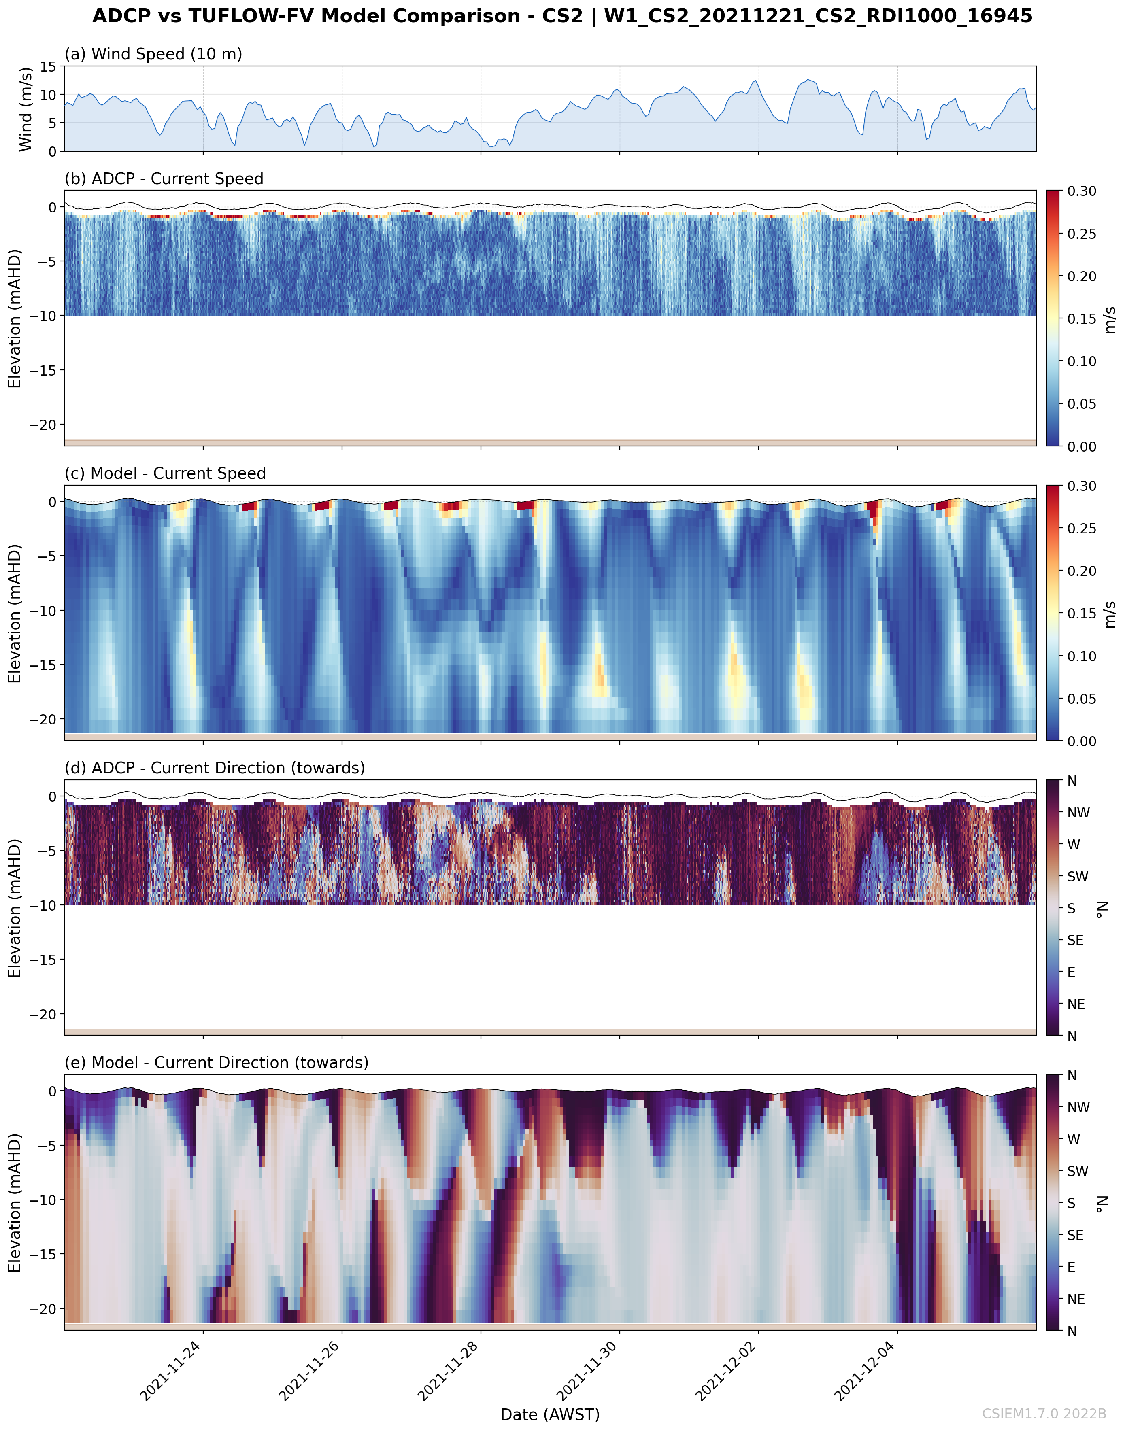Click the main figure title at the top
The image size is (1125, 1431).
[x=562, y=16]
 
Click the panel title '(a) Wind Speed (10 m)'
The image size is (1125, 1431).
[x=153, y=54]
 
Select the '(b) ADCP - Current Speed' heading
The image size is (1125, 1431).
[x=164, y=178]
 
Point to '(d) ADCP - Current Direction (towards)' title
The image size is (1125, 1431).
[x=214, y=768]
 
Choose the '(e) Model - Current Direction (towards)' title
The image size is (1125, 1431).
[x=216, y=1062]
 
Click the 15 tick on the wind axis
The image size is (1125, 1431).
[x=48, y=66]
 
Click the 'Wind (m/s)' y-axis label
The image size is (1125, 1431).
[x=26, y=108]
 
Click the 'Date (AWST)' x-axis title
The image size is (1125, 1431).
[x=550, y=1414]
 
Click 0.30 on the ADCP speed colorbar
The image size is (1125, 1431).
[x=1082, y=191]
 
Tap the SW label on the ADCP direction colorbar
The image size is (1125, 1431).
[x=1078, y=877]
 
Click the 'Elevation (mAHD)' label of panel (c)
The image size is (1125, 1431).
[x=15, y=613]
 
